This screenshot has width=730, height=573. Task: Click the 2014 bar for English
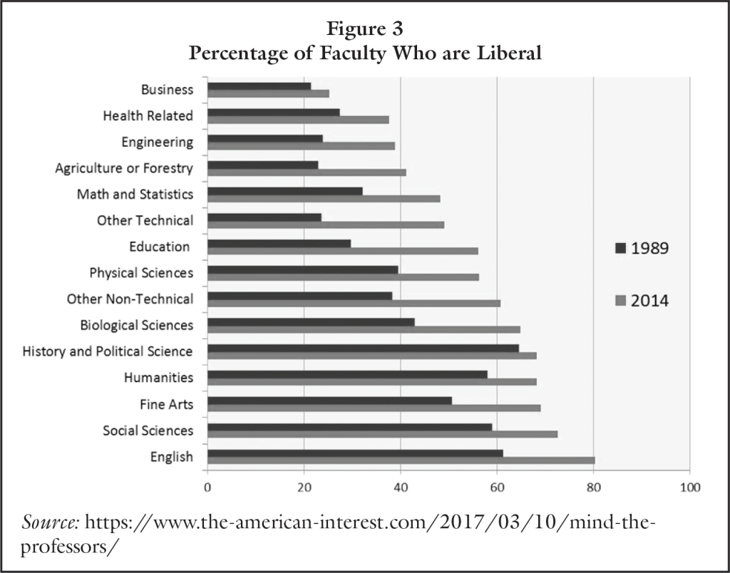click(x=401, y=460)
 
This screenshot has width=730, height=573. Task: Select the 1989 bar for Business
click(x=259, y=86)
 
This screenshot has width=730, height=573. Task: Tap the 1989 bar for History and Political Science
click(x=363, y=348)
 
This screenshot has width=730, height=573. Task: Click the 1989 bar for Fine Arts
click(x=329, y=401)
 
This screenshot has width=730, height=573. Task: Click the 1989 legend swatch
click(x=620, y=248)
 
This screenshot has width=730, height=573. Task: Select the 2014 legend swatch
click(x=620, y=301)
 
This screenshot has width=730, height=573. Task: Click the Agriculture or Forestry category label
click(x=124, y=168)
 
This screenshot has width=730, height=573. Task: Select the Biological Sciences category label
click(x=137, y=325)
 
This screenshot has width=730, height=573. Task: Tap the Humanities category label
click(x=158, y=377)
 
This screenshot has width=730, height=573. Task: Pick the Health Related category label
click(x=148, y=115)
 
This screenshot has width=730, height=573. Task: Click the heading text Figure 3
click(x=364, y=31)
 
